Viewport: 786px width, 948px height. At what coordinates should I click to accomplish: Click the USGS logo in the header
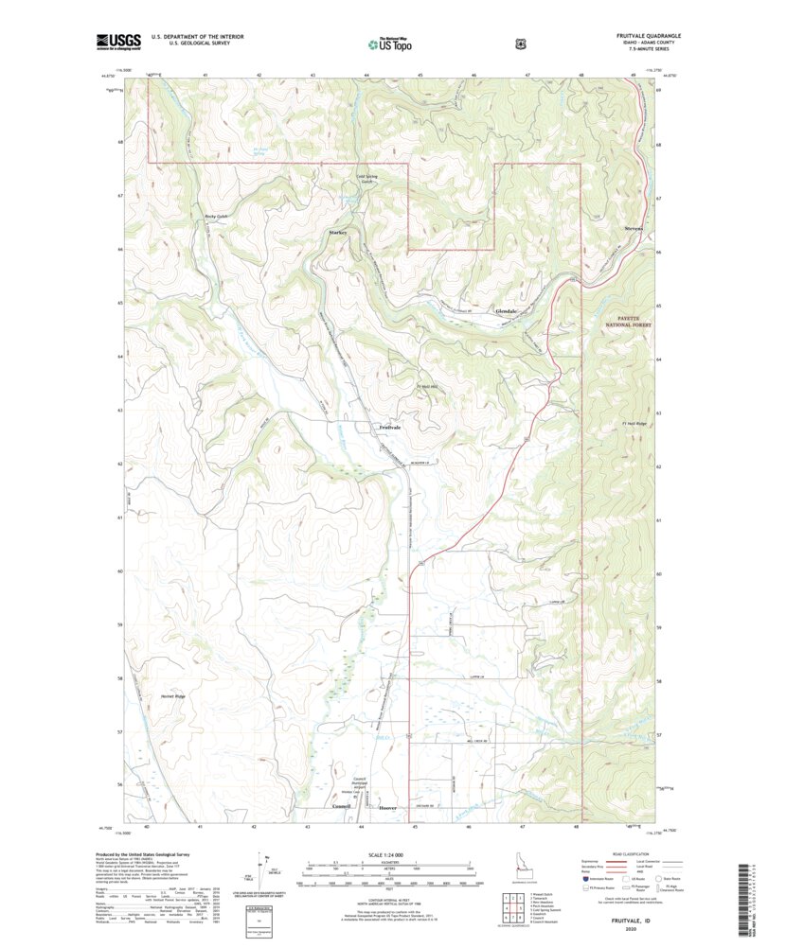[118, 41]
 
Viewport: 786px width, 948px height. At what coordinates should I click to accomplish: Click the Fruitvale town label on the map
[390, 428]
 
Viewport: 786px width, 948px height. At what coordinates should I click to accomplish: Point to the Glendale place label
[507, 311]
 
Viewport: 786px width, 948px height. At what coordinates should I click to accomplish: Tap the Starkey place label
[338, 233]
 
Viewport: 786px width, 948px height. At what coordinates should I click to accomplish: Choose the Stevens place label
[634, 229]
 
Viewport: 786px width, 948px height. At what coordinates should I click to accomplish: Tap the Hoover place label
[388, 808]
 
